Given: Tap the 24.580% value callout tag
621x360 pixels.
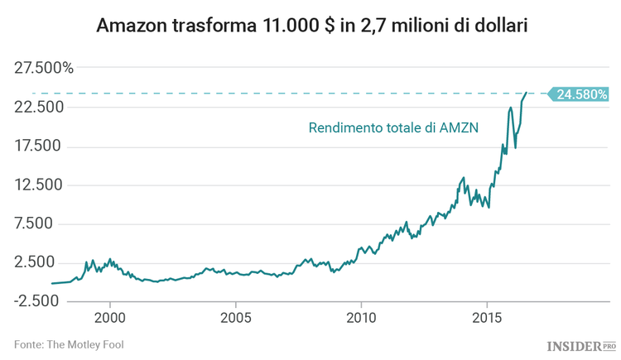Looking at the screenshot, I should (x=581, y=94).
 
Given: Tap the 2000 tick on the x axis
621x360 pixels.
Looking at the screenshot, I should (x=110, y=318).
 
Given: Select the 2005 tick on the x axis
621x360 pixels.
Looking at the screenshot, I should (x=236, y=318).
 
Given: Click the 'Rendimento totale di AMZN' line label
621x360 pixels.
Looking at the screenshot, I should (x=393, y=128).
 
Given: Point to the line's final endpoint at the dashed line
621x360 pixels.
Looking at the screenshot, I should (x=527, y=94).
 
